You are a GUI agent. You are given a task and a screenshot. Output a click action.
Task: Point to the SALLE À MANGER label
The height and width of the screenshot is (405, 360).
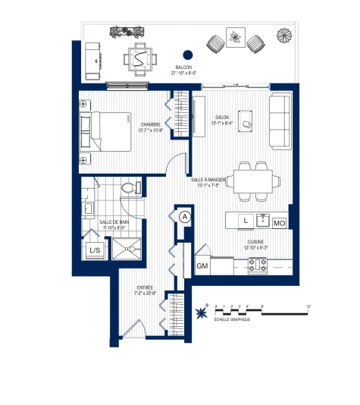[x=212, y=179]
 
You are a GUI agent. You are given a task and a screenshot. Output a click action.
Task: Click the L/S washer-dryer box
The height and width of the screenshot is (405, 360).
[x=95, y=250]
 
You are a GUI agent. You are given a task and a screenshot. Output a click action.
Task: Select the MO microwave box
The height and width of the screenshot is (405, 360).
[x=279, y=223]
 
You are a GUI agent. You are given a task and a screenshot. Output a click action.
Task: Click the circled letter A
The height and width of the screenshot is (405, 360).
[x=184, y=216]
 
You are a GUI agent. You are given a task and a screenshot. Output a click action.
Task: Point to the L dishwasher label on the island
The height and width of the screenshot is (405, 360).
[x=246, y=221]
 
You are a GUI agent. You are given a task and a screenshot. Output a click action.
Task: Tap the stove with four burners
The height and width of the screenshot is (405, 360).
[x=257, y=265]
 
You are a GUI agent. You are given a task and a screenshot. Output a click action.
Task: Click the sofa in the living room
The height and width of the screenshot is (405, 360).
[x=279, y=122]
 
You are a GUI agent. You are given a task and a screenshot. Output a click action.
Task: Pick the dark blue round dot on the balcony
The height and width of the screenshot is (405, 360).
[x=188, y=55]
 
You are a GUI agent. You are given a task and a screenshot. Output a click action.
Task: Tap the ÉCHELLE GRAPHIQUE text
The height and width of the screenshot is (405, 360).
[x=233, y=319]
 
